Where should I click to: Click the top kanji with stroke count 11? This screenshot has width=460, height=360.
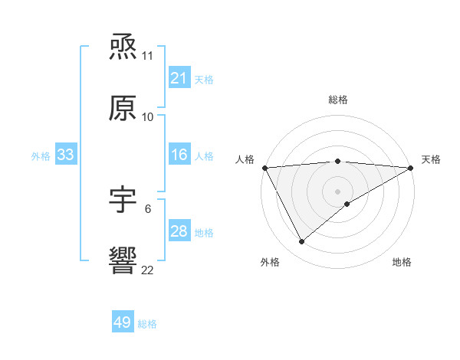[x=123, y=47]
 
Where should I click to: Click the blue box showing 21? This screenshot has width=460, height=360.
[x=179, y=78]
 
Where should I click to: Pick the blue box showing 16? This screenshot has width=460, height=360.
[x=179, y=155]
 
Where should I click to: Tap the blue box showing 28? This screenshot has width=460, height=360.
[x=179, y=231]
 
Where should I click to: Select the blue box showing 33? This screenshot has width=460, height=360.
[x=65, y=155]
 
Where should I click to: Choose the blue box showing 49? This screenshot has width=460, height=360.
[x=122, y=322]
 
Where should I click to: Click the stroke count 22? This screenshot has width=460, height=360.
[x=148, y=270]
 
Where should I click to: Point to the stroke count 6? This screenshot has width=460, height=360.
[x=147, y=208]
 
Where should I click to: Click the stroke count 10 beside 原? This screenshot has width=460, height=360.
[x=148, y=116]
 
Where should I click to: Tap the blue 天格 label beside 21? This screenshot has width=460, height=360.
[x=204, y=79]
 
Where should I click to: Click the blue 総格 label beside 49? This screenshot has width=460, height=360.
[x=147, y=323]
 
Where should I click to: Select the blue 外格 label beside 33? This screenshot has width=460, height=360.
[x=41, y=155]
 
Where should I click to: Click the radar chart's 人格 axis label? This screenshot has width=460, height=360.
[x=245, y=159]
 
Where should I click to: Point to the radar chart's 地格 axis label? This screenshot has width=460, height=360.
[x=402, y=262]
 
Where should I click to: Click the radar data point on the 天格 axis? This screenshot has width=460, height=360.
[x=411, y=168]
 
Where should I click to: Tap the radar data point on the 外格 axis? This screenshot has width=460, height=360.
[x=301, y=241]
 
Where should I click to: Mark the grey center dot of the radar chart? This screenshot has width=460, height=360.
[x=337, y=191]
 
